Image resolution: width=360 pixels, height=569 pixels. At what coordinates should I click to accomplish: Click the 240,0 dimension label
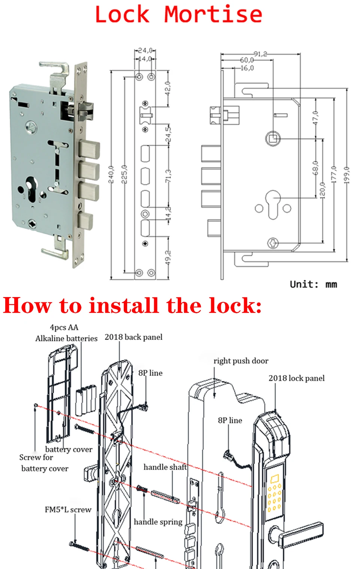click(x=111, y=174)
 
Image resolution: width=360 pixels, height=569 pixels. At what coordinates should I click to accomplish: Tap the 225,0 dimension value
click(x=124, y=174)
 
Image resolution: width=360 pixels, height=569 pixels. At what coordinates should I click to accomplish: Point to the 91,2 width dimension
click(x=261, y=54)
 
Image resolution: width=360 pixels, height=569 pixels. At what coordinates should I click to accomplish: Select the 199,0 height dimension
click(x=346, y=175)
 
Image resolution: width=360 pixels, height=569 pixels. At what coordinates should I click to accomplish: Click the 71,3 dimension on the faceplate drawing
click(x=168, y=176)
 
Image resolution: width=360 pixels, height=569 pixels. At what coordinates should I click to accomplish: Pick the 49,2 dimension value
click(x=168, y=258)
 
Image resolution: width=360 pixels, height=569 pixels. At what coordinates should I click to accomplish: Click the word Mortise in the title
click(x=213, y=15)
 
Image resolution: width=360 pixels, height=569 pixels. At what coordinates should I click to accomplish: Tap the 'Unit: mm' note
click(x=313, y=284)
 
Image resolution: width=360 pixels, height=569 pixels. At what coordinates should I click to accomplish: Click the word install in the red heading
click(x=124, y=305)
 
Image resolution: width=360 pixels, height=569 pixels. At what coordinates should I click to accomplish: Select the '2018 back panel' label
click(x=133, y=337)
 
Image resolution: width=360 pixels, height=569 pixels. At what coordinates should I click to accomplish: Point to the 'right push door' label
click(x=241, y=361)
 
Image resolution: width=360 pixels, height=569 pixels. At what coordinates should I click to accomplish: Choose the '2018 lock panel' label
click(x=297, y=378)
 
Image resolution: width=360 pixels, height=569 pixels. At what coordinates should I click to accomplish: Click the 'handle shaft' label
click(x=165, y=467)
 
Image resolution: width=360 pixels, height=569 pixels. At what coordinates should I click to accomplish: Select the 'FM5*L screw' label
click(x=68, y=510)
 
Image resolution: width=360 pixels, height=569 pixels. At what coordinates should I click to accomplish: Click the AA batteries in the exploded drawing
click(x=86, y=400)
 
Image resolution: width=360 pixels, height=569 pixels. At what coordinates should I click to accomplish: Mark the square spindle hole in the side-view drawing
click(x=273, y=139)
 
